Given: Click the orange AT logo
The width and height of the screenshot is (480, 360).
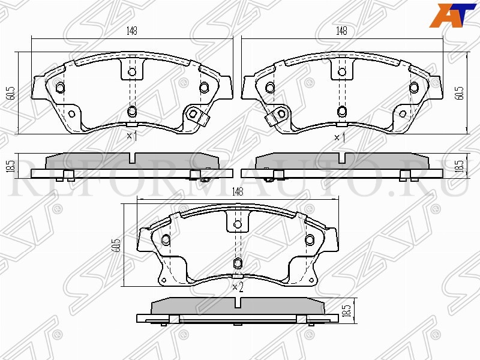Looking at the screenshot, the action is pyautogui.click(x=453, y=16).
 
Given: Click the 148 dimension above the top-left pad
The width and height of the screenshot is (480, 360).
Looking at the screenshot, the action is pyautogui.click(x=132, y=31).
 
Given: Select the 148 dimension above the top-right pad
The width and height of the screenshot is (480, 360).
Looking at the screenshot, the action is pyautogui.click(x=341, y=31).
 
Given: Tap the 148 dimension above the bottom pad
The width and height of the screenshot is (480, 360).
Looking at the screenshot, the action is pyautogui.click(x=238, y=191).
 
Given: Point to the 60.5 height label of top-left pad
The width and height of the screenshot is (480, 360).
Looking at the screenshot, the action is pyautogui.click(x=11, y=93).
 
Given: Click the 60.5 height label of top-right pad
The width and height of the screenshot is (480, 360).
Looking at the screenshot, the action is pyautogui.click(x=459, y=93).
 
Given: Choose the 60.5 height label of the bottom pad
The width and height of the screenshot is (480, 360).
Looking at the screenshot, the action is pyautogui.click(x=116, y=245).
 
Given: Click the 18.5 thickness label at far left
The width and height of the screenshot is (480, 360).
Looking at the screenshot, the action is pyautogui.click(x=11, y=166).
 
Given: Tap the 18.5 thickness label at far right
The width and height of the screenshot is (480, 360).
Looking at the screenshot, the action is pyautogui.click(x=459, y=166).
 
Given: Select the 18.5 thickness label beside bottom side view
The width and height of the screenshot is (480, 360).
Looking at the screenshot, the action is pyautogui.click(x=347, y=310).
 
